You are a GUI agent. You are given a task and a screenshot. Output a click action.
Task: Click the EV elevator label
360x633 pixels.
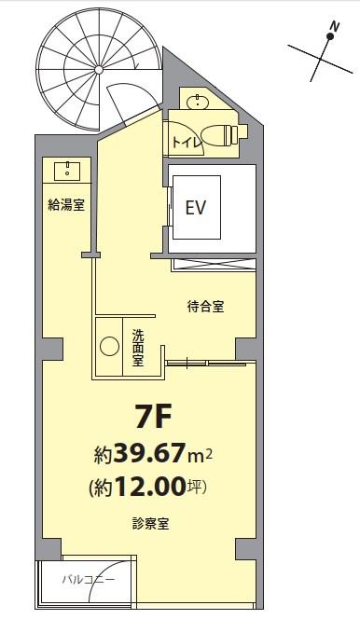(x=196, y=208)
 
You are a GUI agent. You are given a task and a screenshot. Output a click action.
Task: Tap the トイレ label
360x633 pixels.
(x=187, y=143)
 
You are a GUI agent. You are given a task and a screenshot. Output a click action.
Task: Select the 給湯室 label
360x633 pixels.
(x=66, y=205)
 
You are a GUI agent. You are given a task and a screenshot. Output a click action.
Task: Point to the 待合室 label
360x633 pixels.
(x=206, y=307)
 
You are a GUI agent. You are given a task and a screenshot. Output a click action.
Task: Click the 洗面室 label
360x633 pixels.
(x=139, y=348)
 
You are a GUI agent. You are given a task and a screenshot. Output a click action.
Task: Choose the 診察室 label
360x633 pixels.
(x=150, y=524)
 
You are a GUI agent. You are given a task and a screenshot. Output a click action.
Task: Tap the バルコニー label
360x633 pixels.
(x=89, y=580)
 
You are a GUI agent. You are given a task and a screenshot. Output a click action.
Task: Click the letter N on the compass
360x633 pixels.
(x=334, y=27)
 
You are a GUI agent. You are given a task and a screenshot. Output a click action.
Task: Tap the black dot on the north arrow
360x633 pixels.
(x=330, y=36)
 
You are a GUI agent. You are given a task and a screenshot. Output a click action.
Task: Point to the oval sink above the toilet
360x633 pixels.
(x=198, y=102)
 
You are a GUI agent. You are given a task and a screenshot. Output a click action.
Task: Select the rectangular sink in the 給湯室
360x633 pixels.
(x=67, y=171)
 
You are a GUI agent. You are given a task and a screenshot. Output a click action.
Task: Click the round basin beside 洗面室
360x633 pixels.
(x=109, y=347)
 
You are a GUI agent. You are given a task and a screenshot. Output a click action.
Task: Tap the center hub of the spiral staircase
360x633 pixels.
(x=99, y=70)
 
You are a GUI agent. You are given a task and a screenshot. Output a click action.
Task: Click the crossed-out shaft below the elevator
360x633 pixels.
(x=214, y=265)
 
